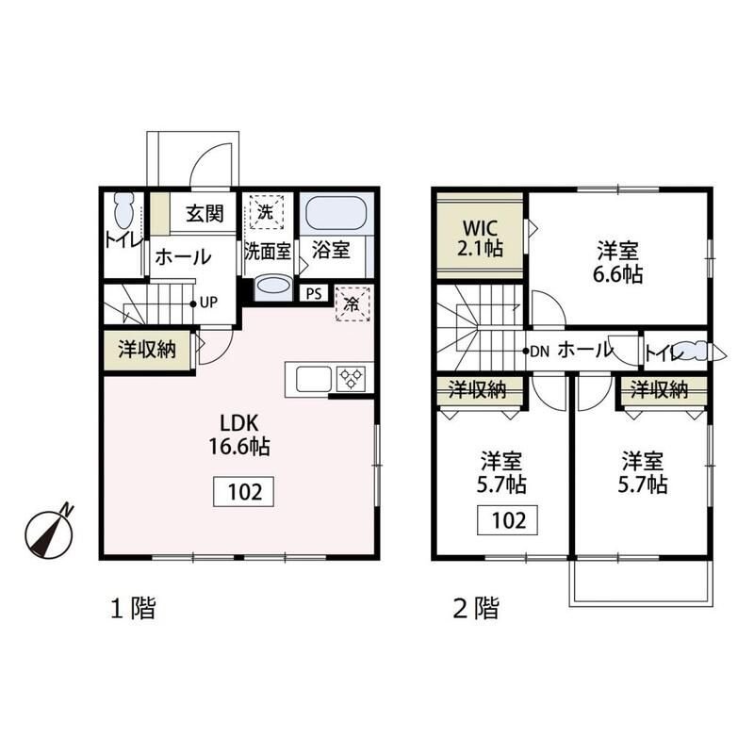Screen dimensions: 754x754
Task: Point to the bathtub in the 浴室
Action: pyautogui.click(x=336, y=212)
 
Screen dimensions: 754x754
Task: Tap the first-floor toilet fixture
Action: pyautogui.click(x=123, y=208)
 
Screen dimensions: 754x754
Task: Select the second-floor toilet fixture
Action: pyautogui.click(x=697, y=352)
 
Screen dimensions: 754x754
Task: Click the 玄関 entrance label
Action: pyautogui.click(x=204, y=214)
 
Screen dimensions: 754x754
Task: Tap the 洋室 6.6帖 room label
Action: pyautogui.click(x=618, y=263)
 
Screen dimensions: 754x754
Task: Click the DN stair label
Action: pyautogui.click(x=540, y=352)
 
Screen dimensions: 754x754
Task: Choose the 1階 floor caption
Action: pyautogui.click(x=133, y=609)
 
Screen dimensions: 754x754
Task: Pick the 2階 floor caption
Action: pyautogui.click(x=475, y=609)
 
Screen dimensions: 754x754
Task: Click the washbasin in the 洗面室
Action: pyautogui.click(x=273, y=286)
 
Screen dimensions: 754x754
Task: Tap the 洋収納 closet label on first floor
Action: pyautogui.click(x=147, y=349)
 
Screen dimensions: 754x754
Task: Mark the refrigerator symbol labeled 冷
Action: pyautogui.click(x=352, y=303)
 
